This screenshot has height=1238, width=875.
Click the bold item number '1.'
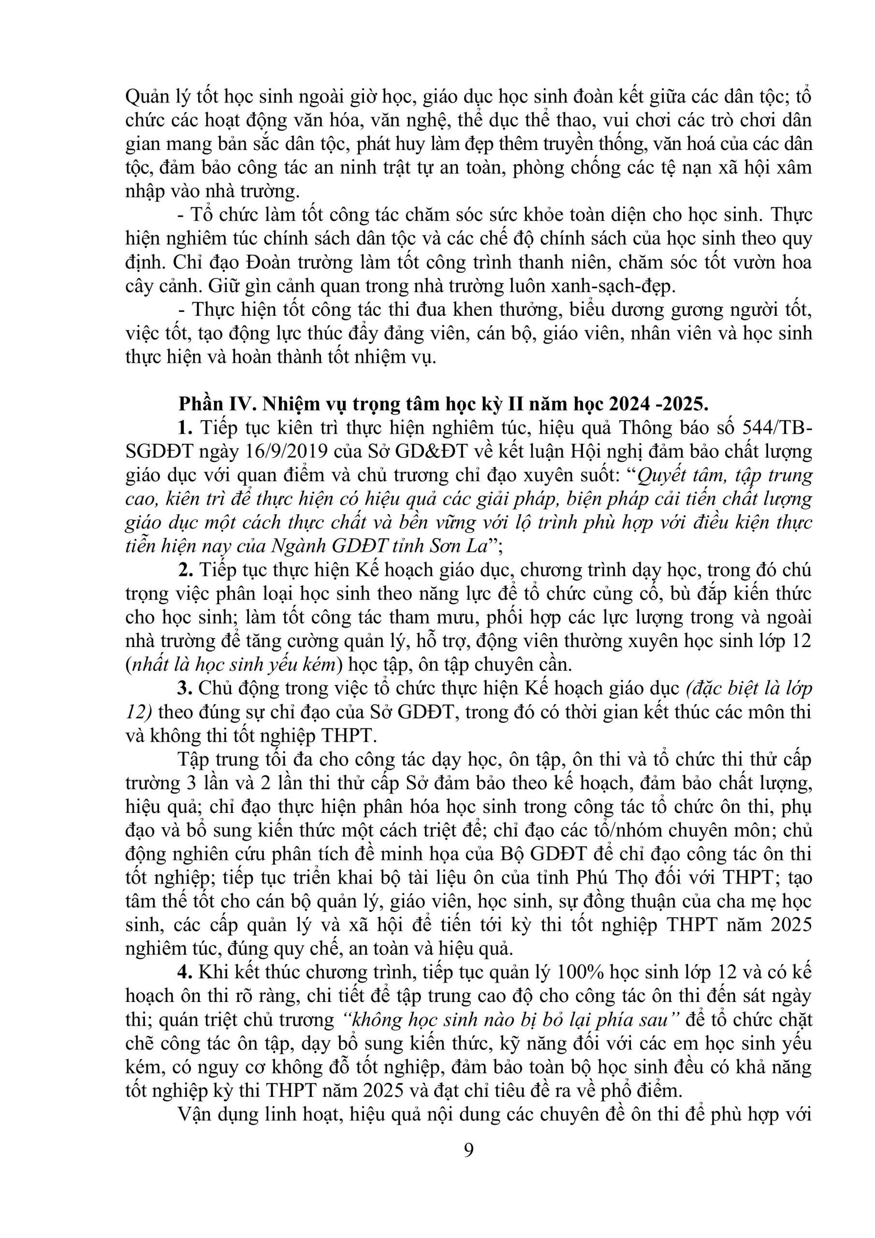(x=186, y=427)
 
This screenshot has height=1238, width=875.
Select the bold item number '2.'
(x=186, y=570)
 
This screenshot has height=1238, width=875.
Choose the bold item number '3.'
(x=186, y=689)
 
